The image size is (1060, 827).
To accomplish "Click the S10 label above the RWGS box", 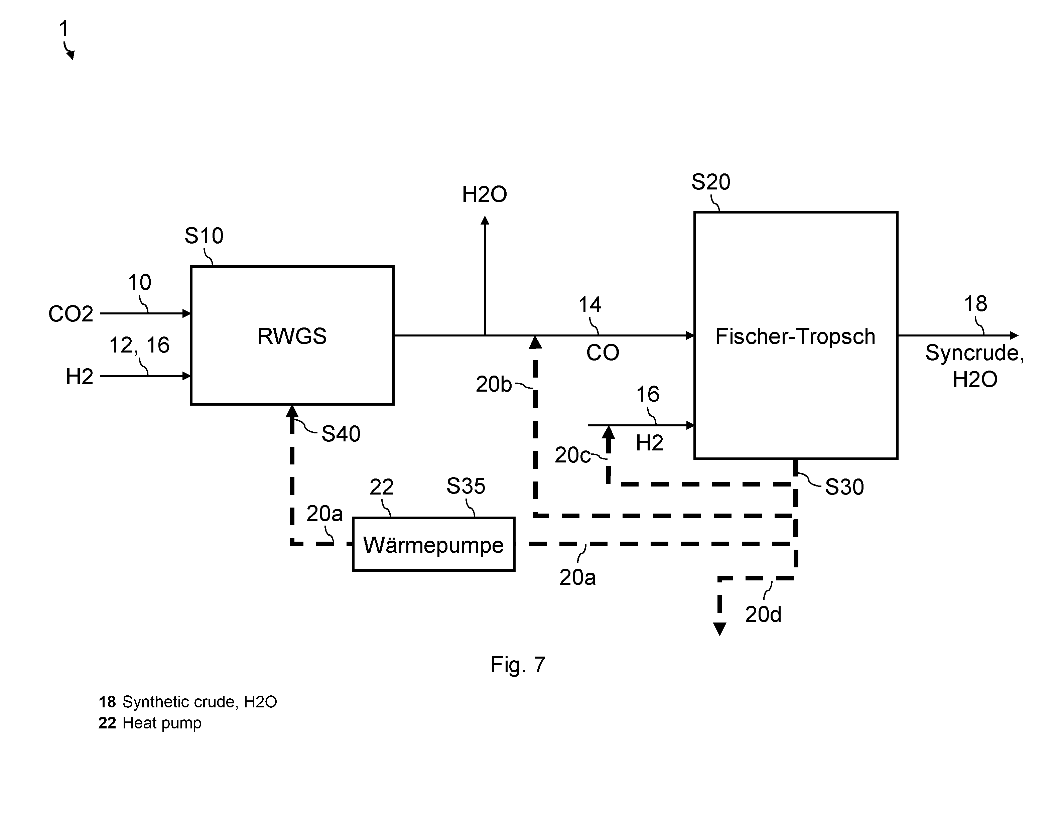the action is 204,236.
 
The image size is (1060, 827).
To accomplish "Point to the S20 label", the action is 710,182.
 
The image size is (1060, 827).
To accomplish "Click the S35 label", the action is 466,486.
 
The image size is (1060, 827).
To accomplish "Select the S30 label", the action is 844,487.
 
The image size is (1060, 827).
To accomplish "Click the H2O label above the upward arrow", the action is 484,194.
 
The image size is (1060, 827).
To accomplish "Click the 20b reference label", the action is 494,384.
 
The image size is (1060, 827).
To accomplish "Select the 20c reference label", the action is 573,455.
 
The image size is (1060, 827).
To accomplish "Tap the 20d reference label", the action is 764,615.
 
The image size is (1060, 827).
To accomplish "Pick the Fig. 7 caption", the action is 518,664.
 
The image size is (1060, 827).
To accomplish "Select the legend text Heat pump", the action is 162,723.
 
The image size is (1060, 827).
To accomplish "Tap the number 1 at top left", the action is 63,29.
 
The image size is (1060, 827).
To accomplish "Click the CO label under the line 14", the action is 603,353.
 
